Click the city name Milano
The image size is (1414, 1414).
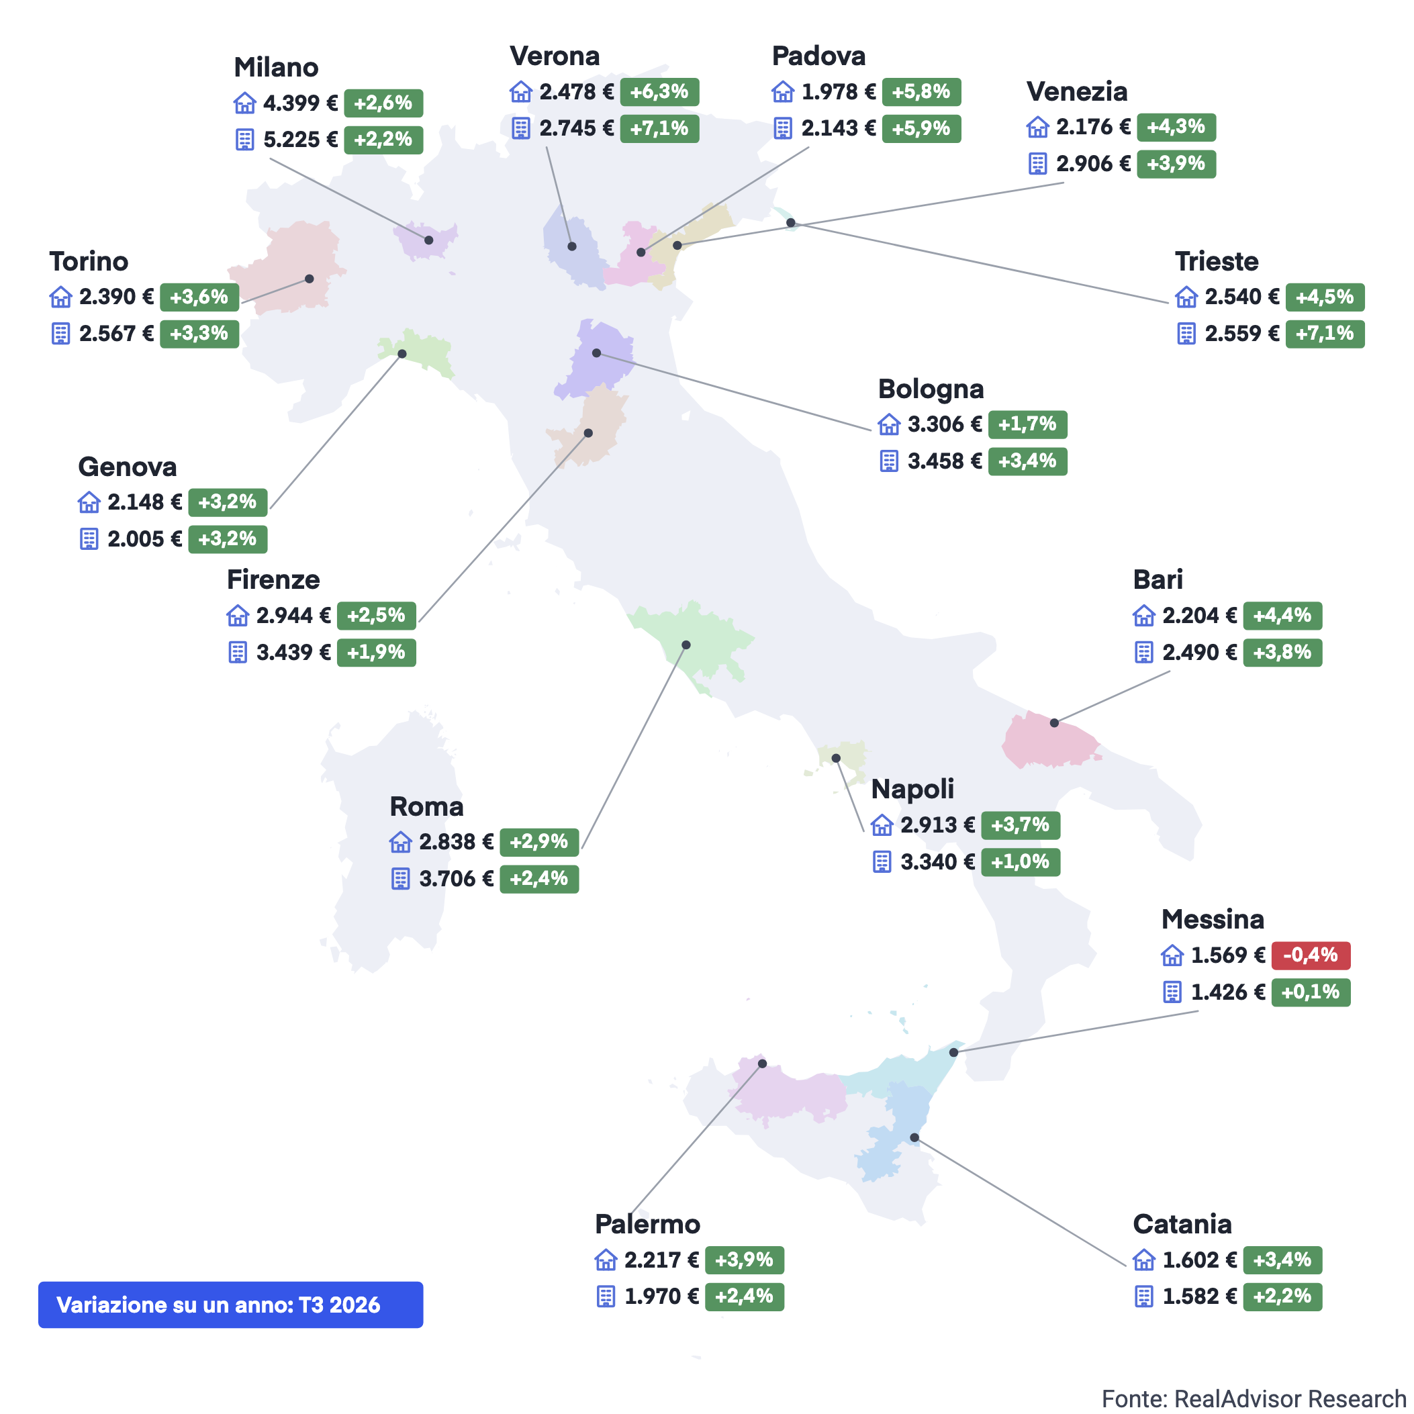pos(276,67)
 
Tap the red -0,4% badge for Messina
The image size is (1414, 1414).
pos(1311,955)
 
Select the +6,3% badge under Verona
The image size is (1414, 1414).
pos(659,92)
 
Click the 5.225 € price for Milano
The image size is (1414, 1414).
pos(301,139)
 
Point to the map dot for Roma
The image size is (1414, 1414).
pos(686,645)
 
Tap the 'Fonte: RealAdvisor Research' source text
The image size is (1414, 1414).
pos(1254,1398)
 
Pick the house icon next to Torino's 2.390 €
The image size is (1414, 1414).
pos(60,297)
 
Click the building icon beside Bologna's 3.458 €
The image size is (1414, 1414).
pos(888,461)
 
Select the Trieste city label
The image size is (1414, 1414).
pos(1217,261)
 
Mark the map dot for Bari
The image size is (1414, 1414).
pos(1054,722)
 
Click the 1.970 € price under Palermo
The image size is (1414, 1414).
pos(661,1296)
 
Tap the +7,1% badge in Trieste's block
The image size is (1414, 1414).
pos(1325,334)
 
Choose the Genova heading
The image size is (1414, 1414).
pos(128,467)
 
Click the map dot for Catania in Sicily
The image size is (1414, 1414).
pos(914,1137)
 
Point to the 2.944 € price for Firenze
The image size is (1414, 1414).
pos(293,616)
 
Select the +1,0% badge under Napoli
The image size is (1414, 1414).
pos(1021,861)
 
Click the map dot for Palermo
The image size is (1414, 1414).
pos(762,1064)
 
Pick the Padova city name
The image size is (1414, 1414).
pos(818,56)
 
